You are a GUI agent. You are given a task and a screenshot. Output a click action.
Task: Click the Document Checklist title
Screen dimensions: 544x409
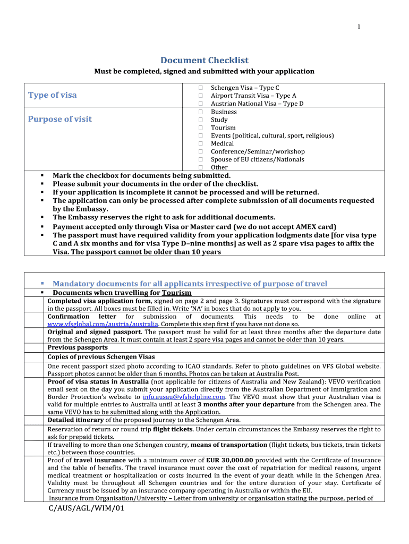[x=204, y=61]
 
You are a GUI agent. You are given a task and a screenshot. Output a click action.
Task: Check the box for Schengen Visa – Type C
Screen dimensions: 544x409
[x=201, y=88]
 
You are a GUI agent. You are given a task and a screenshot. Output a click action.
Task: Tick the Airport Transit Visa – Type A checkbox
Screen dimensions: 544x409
[x=201, y=96]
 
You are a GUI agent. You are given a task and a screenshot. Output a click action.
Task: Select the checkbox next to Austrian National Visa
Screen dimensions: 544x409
[x=201, y=104]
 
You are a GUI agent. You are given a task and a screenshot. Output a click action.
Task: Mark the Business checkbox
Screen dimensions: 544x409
[x=201, y=112]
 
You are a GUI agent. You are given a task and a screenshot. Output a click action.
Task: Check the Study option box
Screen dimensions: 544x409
[x=201, y=120]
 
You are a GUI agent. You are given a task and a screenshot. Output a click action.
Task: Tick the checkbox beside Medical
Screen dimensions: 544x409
[x=201, y=143]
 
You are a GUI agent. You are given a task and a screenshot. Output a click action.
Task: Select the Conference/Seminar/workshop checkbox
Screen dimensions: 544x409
[x=201, y=151]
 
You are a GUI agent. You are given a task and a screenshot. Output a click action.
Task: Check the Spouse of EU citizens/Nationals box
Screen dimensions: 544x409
[x=201, y=159]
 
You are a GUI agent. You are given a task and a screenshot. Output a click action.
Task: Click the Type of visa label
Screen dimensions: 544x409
[x=52, y=95]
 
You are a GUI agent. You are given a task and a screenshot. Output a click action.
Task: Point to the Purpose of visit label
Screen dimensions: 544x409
[x=59, y=119]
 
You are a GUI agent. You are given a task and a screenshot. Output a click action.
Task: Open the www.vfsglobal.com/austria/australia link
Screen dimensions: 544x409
[x=103, y=324]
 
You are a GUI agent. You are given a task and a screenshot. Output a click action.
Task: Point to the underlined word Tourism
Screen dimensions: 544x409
[x=177, y=293]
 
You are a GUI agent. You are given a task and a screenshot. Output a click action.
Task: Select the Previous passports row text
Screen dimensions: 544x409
[x=78, y=347]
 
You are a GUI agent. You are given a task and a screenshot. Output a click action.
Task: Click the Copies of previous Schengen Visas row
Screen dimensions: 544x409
[x=101, y=356]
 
